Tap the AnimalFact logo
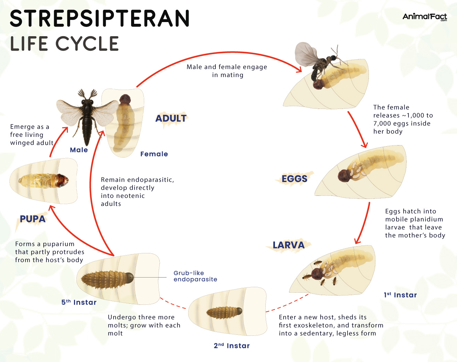(x=425, y=17)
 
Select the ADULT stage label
(x=171, y=119)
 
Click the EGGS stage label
(x=294, y=179)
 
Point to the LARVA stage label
(x=288, y=245)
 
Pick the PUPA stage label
(x=33, y=219)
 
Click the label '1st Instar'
(x=400, y=295)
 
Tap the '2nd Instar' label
(x=232, y=346)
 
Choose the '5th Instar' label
(x=79, y=302)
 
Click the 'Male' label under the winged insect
(x=79, y=150)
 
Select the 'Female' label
(x=154, y=154)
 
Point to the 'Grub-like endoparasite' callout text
(x=195, y=276)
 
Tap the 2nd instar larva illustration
(x=224, y=312)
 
